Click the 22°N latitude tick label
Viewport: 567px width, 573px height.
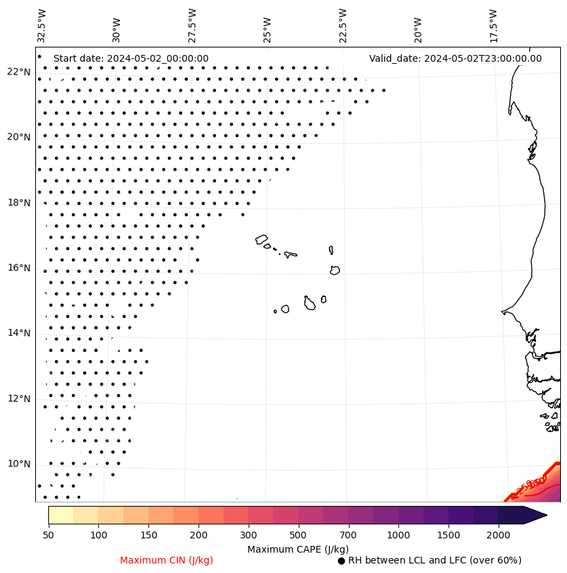(19, 72)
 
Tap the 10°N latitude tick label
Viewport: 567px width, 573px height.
(19, 464)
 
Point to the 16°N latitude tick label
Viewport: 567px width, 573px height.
(19, 268)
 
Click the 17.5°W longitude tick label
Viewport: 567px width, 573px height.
(494, 25)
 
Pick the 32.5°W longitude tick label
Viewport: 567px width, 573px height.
(42, 25)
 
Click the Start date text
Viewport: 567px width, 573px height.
(131, 58)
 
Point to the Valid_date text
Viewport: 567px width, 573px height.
(455, 58)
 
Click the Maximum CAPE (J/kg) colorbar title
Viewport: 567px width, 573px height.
(297, 549)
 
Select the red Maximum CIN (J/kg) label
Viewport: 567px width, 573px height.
(167, 560)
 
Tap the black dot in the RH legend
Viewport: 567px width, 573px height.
(341, 561)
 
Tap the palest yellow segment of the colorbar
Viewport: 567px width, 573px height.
(60, 515)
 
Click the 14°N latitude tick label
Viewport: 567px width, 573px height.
(19, 333)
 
